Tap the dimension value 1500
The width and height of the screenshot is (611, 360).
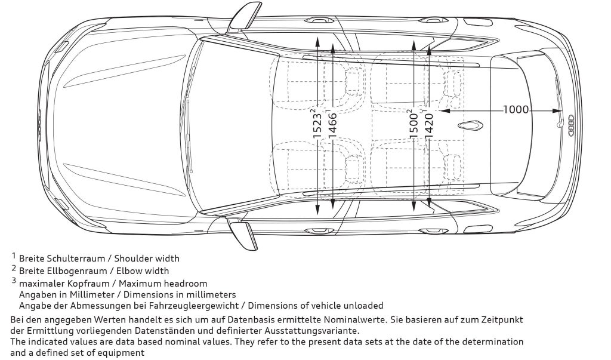413,124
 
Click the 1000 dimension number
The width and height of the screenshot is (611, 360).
516,110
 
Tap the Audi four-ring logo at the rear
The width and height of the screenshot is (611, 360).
572,125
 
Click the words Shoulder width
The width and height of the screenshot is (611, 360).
146,259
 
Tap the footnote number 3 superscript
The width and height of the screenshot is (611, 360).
13,280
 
